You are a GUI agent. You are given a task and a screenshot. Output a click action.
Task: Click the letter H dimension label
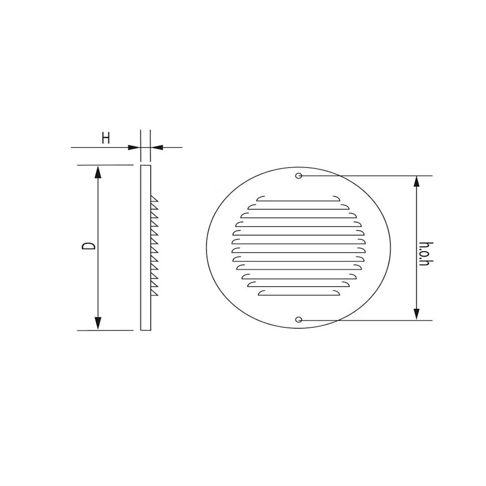point(106,138)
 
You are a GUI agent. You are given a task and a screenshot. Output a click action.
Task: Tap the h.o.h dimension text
point(425,254)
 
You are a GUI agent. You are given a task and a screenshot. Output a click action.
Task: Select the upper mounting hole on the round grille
point(299,176)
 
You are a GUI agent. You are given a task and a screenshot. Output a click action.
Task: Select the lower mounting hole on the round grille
point(299,319)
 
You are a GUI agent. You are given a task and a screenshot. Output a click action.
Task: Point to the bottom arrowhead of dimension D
point(98,324)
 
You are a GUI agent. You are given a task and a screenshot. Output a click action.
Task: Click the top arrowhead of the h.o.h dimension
point(416,182)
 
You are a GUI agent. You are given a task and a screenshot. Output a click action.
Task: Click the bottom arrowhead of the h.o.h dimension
point(416,314)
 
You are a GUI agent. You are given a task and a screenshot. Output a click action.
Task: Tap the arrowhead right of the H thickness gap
point(156,148)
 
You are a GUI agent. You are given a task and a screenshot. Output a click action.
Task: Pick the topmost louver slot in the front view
point(299,199)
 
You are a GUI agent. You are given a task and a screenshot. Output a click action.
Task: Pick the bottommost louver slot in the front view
point(299,293)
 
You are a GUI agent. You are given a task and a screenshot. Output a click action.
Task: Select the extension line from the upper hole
point(367,176)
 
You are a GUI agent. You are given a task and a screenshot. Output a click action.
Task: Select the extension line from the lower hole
point(367,319)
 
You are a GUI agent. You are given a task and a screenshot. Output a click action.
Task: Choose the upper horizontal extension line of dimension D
point(106,165)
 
